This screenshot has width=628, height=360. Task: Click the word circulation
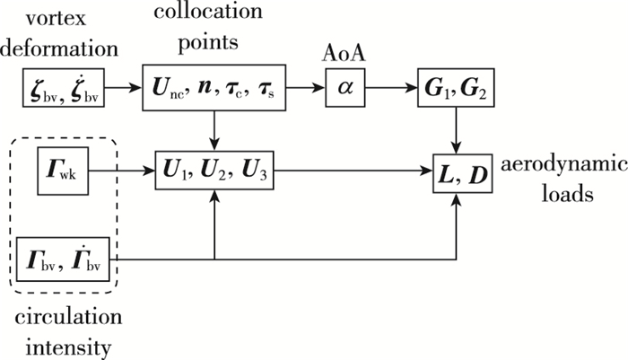(x=68, y=317)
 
